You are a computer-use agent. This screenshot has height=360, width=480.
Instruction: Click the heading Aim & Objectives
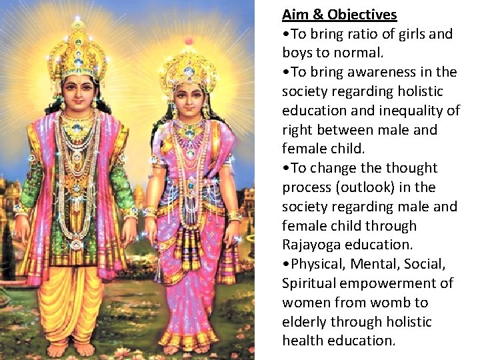(339, 15)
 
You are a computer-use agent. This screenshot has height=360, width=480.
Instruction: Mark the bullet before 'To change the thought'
(285, 169)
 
